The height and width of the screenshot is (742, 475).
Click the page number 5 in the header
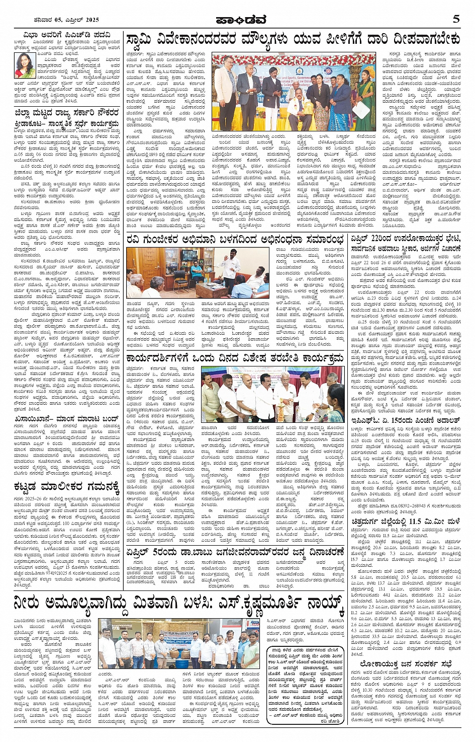[456, 19]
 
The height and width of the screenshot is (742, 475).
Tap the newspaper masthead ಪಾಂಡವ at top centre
[241, 20]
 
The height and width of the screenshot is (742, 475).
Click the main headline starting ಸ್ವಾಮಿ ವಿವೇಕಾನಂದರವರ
[293, 40]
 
